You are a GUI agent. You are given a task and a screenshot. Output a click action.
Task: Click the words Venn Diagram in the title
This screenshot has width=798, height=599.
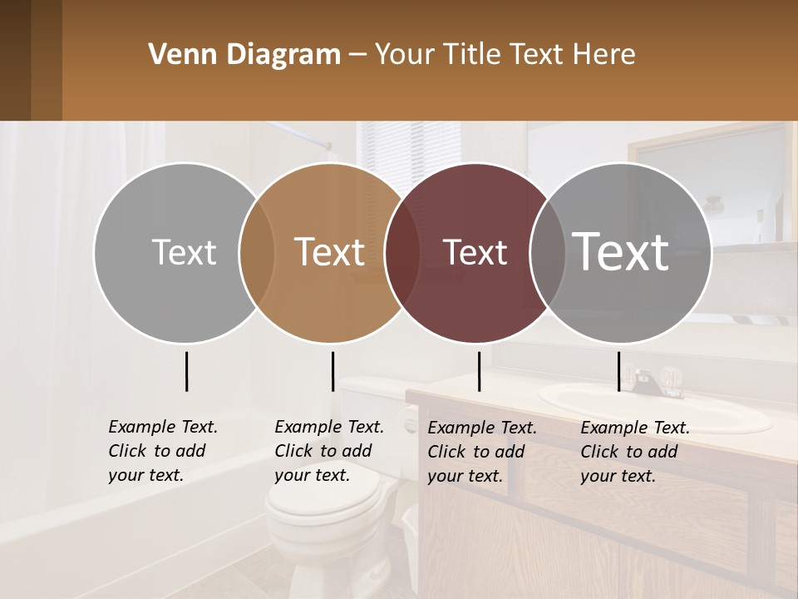[x=244, y=55]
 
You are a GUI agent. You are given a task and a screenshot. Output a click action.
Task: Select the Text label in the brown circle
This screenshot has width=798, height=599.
[x=329, y=252]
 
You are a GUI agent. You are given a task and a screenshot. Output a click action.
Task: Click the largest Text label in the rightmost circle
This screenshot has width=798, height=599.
[x=621, y=251]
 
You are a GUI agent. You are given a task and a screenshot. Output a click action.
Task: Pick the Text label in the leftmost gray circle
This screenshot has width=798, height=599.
[x=184, y=252]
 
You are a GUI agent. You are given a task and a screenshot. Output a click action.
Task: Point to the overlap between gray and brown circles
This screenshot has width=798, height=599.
[x=257, y=253]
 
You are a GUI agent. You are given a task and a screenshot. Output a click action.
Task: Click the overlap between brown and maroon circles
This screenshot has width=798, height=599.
[x=402, y=253]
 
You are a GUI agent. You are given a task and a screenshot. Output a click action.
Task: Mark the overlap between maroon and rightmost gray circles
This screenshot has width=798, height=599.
[x=548, y=253]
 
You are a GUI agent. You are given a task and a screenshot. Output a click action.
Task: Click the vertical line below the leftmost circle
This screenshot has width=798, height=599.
[x=186, y=371]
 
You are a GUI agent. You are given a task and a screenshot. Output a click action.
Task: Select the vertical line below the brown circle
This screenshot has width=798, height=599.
[x=332, y=371]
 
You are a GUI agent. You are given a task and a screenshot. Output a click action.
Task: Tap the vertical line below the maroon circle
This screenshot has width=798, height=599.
[x=479, y=371]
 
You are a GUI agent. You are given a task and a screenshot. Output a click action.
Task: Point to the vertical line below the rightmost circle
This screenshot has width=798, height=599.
[x=618, y=371]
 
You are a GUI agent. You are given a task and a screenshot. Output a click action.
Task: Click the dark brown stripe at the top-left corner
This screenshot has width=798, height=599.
[x=15, y=60]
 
